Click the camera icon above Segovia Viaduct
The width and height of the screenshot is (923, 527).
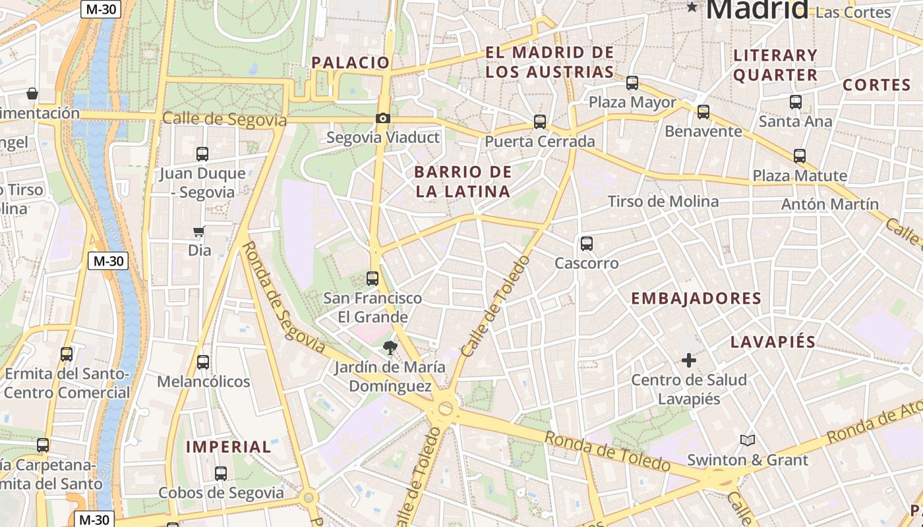pyautogui.click(x=382, y=119)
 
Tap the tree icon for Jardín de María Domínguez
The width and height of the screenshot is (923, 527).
pyautogui.click(x=390, y=348)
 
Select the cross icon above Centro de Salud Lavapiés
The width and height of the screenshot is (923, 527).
pyautogui.click(x=689, y=360)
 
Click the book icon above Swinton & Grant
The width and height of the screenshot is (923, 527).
pyautogui.click(x=747, y=440)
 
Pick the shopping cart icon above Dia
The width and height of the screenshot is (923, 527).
pyautogui.click(x=199, y=231)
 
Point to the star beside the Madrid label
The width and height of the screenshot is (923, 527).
pyautogui.click(x=692, y=7)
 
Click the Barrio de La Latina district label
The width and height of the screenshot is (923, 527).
pyautogui.click(x=462, y=182)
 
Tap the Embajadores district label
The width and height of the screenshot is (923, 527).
pyautogui.click(x=696, y=298)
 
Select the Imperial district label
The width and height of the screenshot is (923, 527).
pyautogui.click(x=228, y=447)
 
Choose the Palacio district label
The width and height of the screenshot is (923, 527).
pyautogui.click(x=351, y=63)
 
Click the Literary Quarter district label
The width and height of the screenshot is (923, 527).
pyautogui.click(x=775, y=65)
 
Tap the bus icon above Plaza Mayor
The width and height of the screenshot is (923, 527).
pyautogui.click(x=632, y=83)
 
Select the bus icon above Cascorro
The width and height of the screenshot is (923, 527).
pyautogui.click(x=587, y=244)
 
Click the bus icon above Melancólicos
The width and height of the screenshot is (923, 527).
pyautogui.click(x=203, y=362)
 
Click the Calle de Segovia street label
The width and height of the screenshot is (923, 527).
pyautogui.click(x=224, y=119)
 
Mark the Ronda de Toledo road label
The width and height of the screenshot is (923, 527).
pyautogui.click(x=607, y=451)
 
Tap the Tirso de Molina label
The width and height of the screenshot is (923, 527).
pyautogui.click(x=663, y=202)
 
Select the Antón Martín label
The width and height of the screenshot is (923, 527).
pyautogui.click(x=829, y=204)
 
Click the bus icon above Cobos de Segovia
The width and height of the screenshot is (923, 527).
pyautogui.click(x=221, y=474)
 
